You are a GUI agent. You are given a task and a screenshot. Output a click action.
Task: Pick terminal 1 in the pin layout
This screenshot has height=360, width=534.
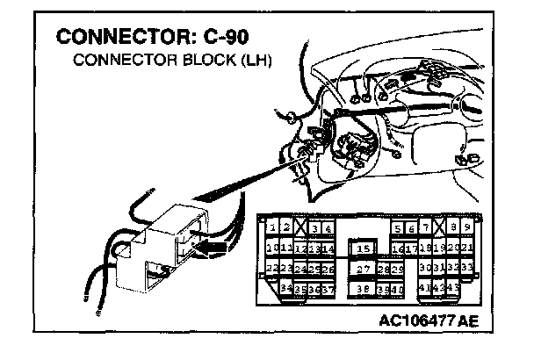pyautogui.click(x=273, y=228)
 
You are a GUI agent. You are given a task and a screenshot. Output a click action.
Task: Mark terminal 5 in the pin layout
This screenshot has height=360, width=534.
pyautogui.click(x=398, y=228)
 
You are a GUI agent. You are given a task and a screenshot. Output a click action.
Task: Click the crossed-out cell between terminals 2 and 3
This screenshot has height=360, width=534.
pyautogui.click(x=300, y=228)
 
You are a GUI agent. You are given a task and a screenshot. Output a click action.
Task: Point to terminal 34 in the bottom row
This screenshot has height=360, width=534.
pyautogui.click(x=285, y=288)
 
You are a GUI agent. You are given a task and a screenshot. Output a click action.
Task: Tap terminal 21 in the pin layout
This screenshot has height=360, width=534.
pyautogui.click(x=468, y=248)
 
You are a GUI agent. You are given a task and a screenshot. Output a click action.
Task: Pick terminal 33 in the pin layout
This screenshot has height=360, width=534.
pyautogui.click(x=468, y=268)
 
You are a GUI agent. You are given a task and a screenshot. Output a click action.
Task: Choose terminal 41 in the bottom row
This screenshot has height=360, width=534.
pyautogui.click(x=426, y=288)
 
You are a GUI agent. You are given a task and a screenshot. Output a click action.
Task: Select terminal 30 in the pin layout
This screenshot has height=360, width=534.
pyautogui.click(x=426, y=268)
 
